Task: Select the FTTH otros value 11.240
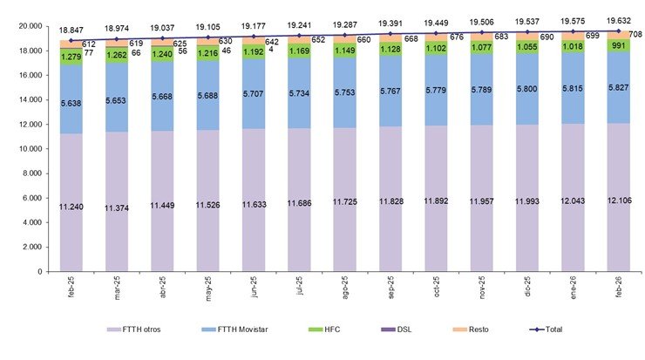pyautogui.click(x=71, y=206)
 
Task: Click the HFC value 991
pyautogui.click(x=619, y=45)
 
